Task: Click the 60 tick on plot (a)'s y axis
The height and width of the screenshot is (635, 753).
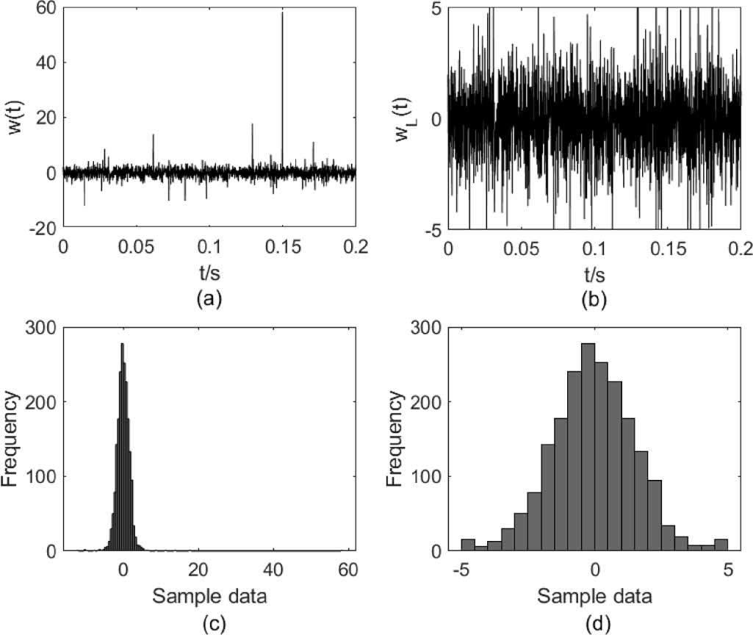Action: pyautogui.click(x=46, y=8)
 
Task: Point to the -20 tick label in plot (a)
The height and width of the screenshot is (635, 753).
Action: pyautogui.click(x=41, y=229)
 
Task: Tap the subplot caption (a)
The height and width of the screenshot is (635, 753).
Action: pyautogui.click(x=209, y=299)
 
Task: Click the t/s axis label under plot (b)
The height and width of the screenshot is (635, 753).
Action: pyautogui.click(x=594, y=273)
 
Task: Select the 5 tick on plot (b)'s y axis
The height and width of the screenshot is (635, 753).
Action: pyautogui.click(x=436, y=8)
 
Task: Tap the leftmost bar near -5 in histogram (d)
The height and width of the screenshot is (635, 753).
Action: pyautogui.click(x=467, y=545)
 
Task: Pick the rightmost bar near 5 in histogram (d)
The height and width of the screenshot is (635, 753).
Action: pyautogui.click(x=721, y=545)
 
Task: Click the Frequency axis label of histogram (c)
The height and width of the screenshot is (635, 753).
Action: pyautogui.click(x=15, y=439)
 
